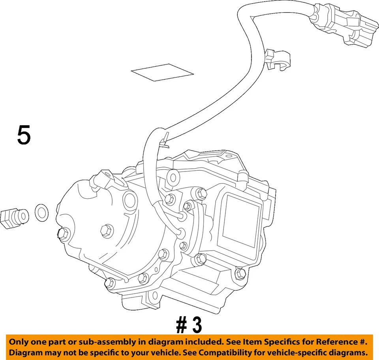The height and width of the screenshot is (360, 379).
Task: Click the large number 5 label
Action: pyautogui.click(x=24, y=135)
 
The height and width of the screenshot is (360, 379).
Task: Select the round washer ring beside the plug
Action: pyautogui.click(x=41, y=213)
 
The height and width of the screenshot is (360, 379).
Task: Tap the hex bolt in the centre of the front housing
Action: pyautogui.click(x=107, y=229)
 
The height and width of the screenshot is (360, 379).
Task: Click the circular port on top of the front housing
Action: pyautogui.click(x=129, y=200)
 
